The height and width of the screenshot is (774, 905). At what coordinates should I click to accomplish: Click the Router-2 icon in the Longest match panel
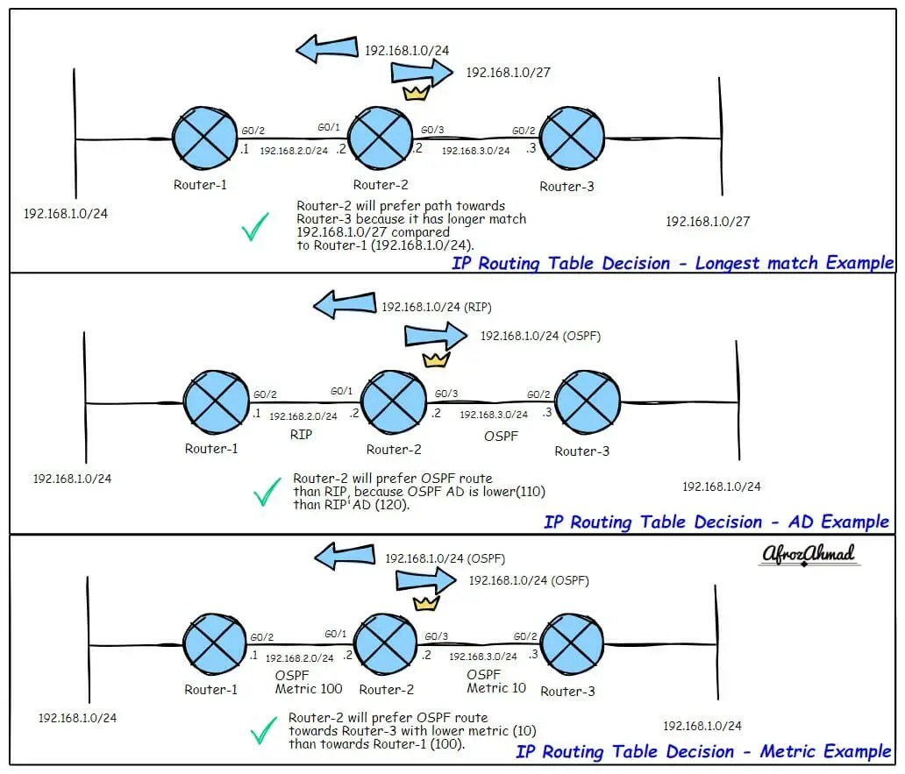[x=381, y=138]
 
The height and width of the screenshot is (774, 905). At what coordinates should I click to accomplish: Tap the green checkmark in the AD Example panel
[x=267, y=494]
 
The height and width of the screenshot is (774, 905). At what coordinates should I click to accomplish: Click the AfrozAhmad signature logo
[x=806, y=555]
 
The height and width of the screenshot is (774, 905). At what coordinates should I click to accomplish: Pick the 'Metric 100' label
[x=308, y=689]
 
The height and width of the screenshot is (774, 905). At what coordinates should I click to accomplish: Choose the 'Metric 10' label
[x=496, y=688]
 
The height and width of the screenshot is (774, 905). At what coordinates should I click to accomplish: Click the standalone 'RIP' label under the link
[x=301, y=434]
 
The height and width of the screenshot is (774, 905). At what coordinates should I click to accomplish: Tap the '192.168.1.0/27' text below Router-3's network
[x=708, y=222]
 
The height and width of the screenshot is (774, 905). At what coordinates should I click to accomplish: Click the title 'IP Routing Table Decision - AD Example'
[x=716, y=522]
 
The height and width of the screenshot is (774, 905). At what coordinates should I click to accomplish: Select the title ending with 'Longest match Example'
[x=673, y=262]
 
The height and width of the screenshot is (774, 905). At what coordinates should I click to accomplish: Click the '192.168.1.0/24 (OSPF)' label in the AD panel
[x=540, y=336]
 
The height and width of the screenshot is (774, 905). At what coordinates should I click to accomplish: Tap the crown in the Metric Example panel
[x=425, y=603]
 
